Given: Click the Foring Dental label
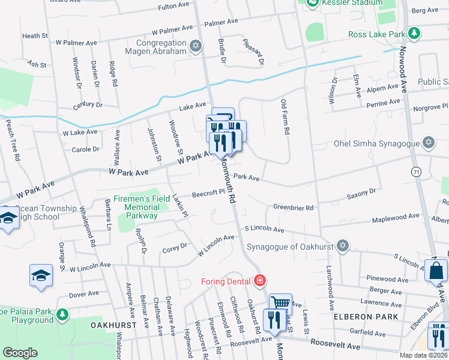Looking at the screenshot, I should pos(226,280).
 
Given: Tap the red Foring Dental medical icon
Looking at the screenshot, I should pos(259,280).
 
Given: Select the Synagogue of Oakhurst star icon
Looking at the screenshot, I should pos(342,245).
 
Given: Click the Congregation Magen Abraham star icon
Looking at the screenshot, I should pos(195,46).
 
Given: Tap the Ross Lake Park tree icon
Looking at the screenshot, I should pos(413,32).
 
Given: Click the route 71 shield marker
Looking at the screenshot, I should pos(415,172).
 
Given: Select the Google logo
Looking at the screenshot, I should pos(20,353).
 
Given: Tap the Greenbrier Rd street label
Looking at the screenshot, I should pos(294,208).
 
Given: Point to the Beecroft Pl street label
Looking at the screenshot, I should pos(208,194).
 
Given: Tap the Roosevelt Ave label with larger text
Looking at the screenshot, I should pos(335,346).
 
